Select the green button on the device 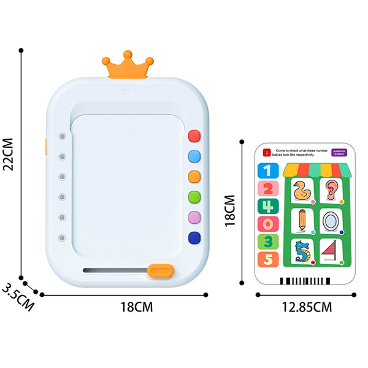(195, 197)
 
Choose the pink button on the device (195, 217)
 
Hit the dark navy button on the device (195, 237)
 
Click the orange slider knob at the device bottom (161, 270)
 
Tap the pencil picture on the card (301, 220)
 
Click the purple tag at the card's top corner (338, 152)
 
